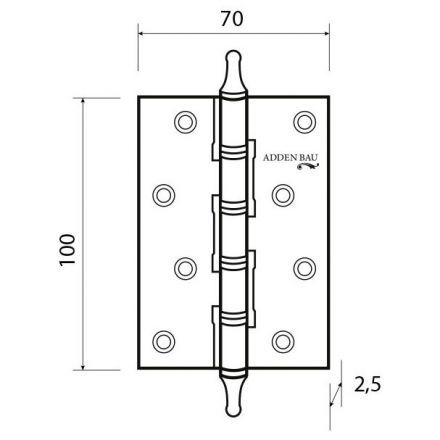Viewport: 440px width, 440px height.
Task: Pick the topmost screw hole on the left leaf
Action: [x=183, y=121]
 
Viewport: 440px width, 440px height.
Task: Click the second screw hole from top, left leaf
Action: [x=163, y=192]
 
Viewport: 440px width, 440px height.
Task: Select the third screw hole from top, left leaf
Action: [x=183, y=267]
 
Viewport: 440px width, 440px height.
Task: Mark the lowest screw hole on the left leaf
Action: [x=163, y=338]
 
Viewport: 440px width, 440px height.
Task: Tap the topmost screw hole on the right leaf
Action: [x=303, y=121]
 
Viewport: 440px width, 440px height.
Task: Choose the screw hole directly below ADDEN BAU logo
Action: [x=283, y=192]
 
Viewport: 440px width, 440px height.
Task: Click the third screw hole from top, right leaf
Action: [x=303, y=267]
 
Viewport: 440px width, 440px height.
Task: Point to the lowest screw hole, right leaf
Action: [x=283, y=338]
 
